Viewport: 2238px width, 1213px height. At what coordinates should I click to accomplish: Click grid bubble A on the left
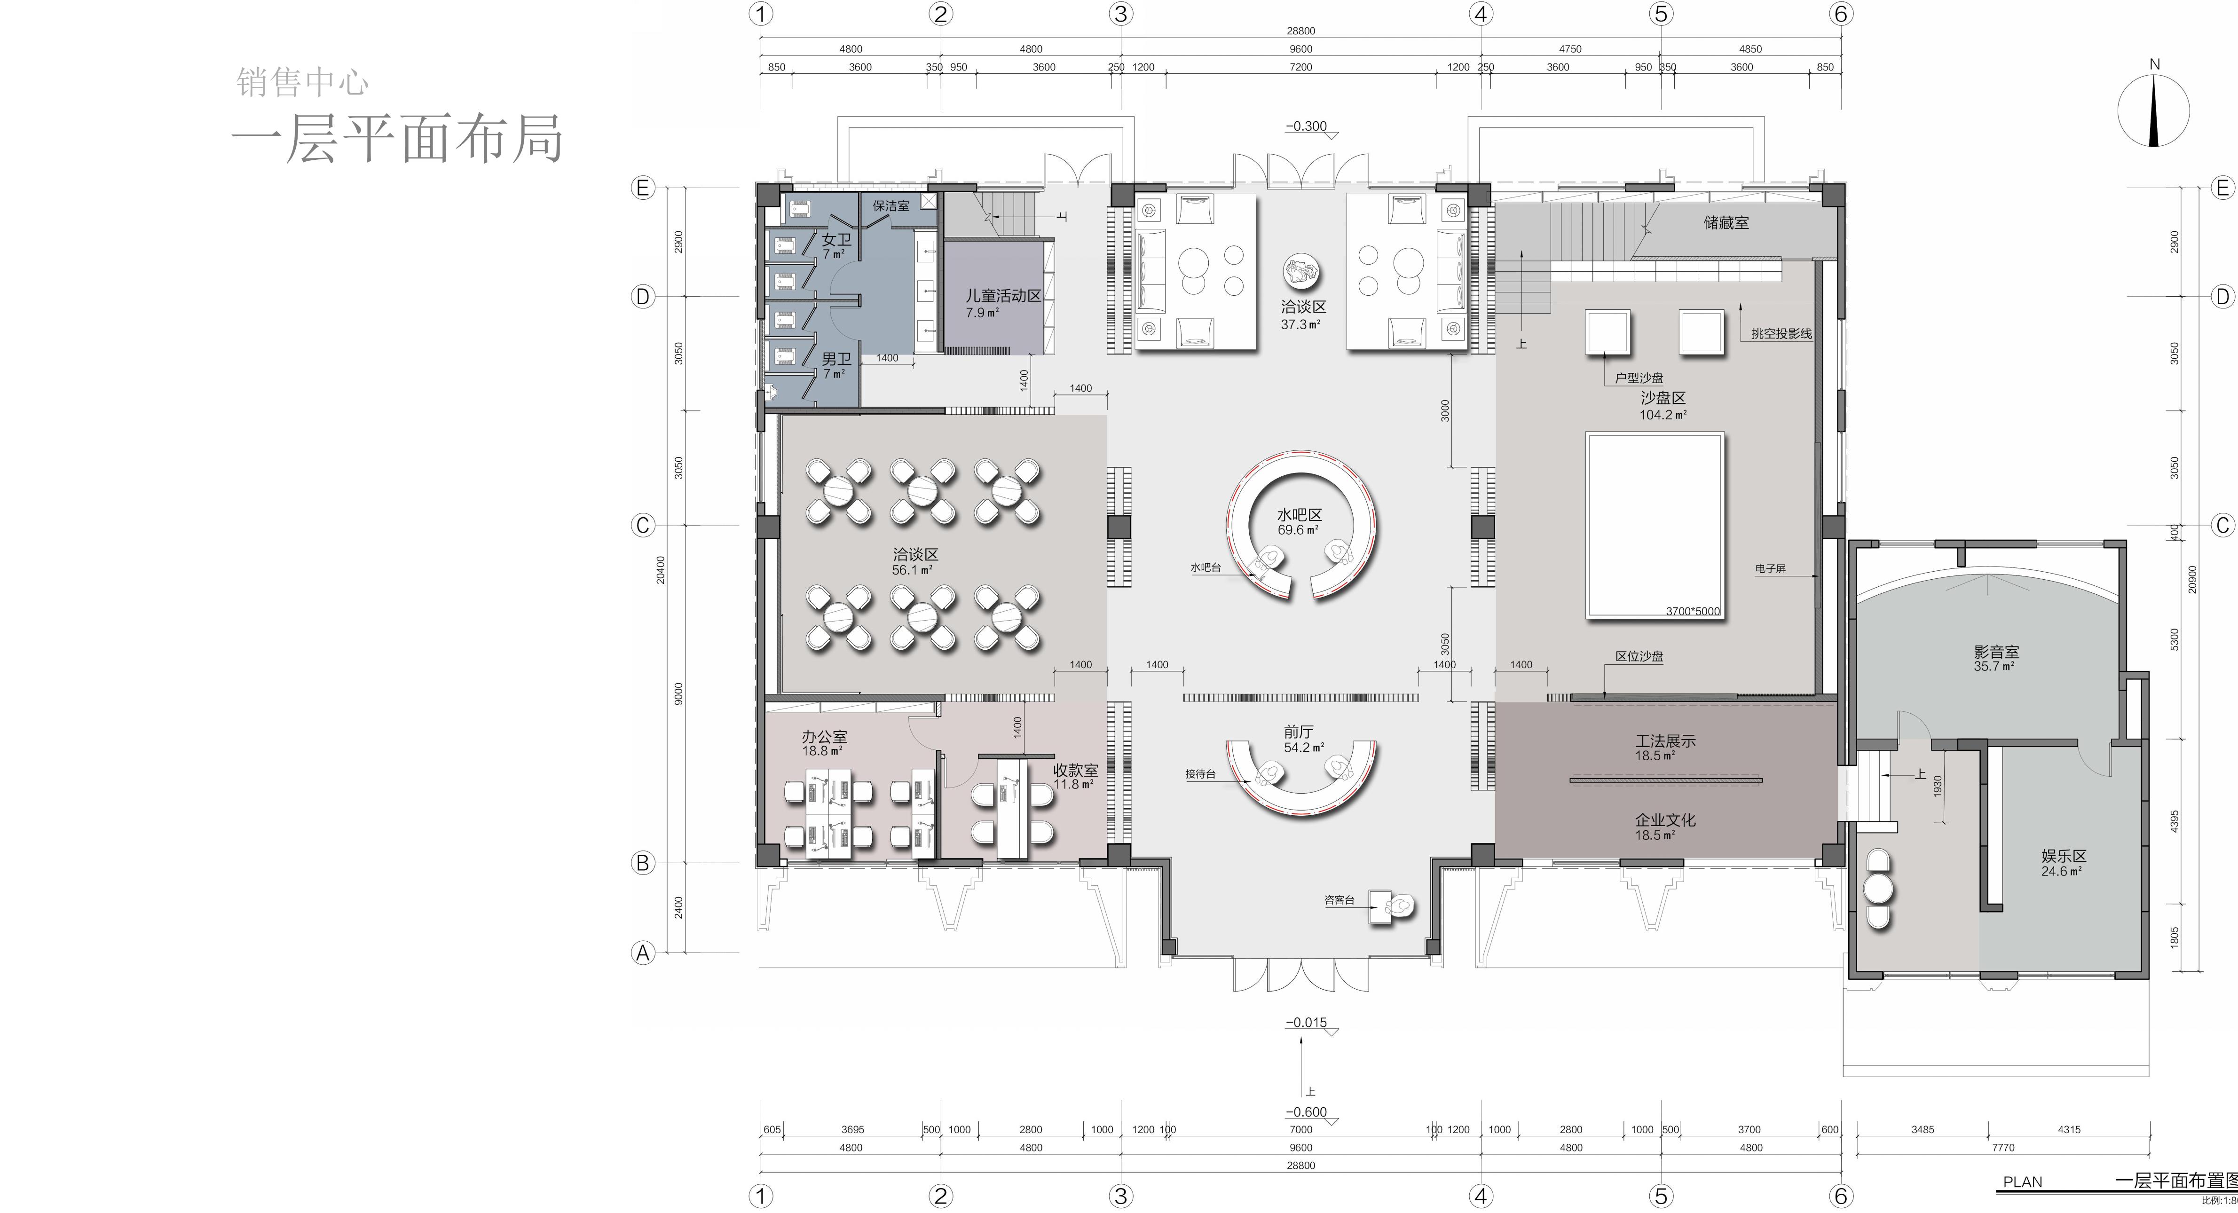(x=642, y=953)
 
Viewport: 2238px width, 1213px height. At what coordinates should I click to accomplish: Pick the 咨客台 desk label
(x=1339, y=900)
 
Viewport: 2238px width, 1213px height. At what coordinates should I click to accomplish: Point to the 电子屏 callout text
(x=1770, y=569)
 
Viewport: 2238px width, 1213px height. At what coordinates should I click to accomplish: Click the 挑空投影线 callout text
(x=1781, y=334)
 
